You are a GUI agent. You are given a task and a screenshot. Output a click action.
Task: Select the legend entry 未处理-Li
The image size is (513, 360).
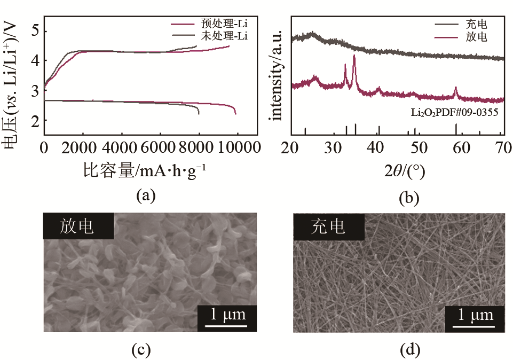coord(224,36)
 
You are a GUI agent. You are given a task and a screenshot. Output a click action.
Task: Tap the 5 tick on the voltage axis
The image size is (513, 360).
coord(34,30)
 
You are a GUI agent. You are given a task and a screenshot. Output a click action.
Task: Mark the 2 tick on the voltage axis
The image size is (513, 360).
coord(34,122)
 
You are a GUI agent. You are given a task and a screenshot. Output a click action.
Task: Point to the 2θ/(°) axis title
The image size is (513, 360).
coord(400,171)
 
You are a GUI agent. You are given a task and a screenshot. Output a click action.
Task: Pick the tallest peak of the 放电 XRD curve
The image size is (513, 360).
coord(354,56)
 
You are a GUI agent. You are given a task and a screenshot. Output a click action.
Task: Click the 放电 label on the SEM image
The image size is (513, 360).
coord(78,226)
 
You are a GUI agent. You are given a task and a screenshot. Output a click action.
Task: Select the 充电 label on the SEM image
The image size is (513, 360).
coord(328,226)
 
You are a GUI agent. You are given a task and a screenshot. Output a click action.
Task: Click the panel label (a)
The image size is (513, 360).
coord(145,195)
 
